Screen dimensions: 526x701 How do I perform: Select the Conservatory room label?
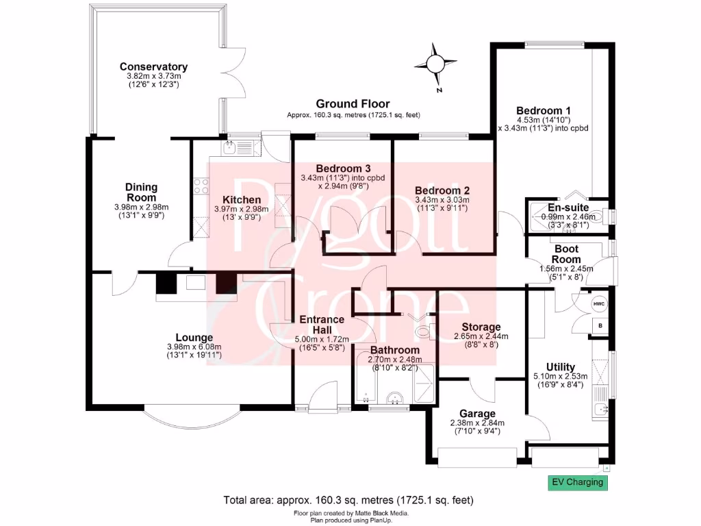[x=153, y=66]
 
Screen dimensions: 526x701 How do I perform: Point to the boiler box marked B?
[x=600, y=326]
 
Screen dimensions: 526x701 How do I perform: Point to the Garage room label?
[x=477, y=414]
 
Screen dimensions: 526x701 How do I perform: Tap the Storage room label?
[x=481, y=327]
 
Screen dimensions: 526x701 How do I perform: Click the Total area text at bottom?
[x=349, y=500]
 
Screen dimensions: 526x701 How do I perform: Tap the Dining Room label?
[x=142, y=192]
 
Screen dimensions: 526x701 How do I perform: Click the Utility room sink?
[x=600, y=410]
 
